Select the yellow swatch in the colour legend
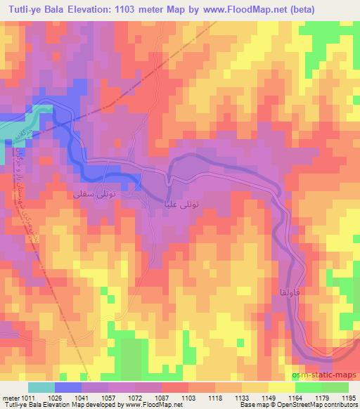click(281, 387)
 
